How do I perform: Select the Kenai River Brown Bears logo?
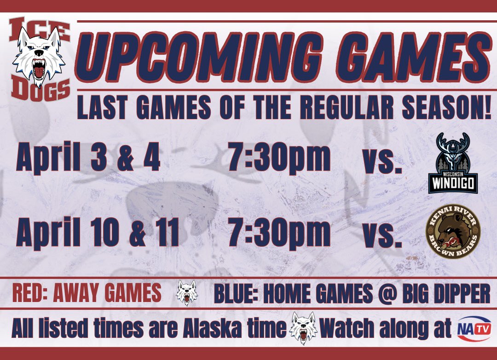(x=453, y=232)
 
